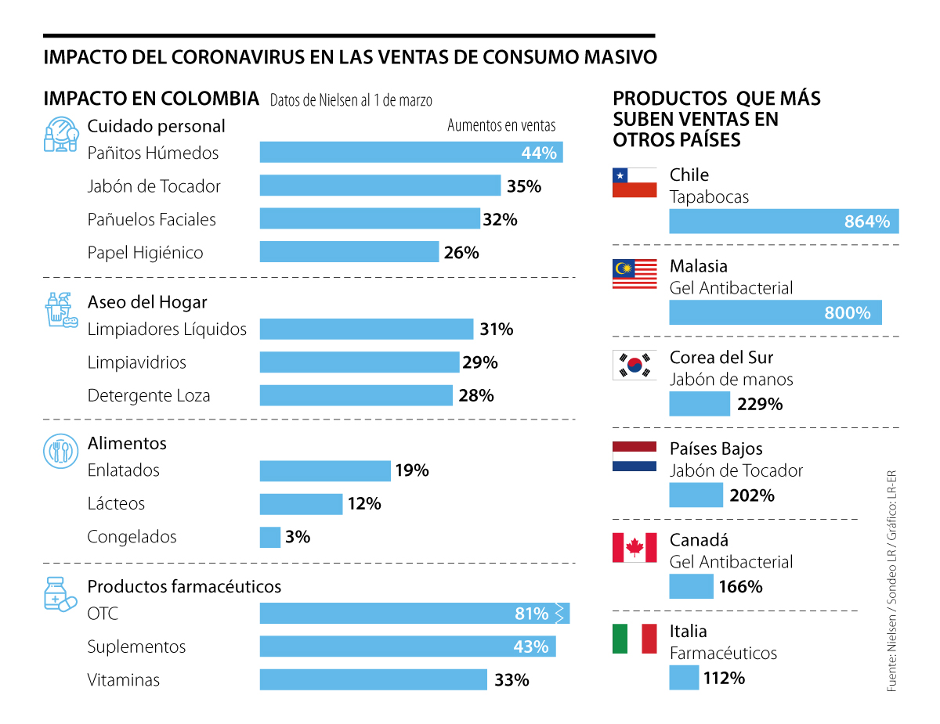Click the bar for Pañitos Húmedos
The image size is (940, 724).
(410, 153)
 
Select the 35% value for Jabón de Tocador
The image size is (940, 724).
(524, 186)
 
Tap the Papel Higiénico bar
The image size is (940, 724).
(349, 252)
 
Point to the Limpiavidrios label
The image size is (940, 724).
(136, 362)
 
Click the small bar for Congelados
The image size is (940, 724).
(269, 537)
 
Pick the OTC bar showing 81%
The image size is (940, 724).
(414, 614)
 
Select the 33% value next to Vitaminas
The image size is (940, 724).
(512, 680)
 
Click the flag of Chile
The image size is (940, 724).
(634, 182)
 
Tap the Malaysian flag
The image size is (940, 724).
(634, 274)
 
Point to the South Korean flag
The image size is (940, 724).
(634, 365)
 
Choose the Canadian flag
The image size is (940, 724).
(634, 547)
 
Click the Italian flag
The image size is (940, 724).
(634, 639)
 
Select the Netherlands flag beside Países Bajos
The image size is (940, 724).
(634, 456)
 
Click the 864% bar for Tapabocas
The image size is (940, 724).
(783, 222)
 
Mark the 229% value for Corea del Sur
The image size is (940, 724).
(760, 405)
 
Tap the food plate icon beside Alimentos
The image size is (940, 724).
(60, 451)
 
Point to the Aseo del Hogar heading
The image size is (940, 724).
(147, 302)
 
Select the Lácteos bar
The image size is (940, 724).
(301, 504)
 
